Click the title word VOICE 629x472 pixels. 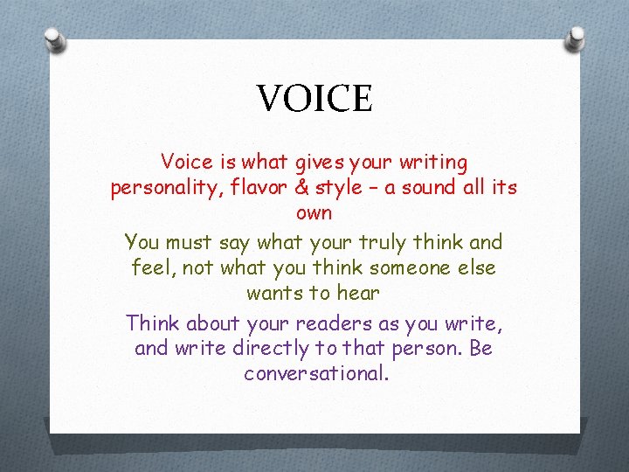(314, 98)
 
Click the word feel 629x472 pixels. (149, 267)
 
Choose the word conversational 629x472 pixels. (314, 374)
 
